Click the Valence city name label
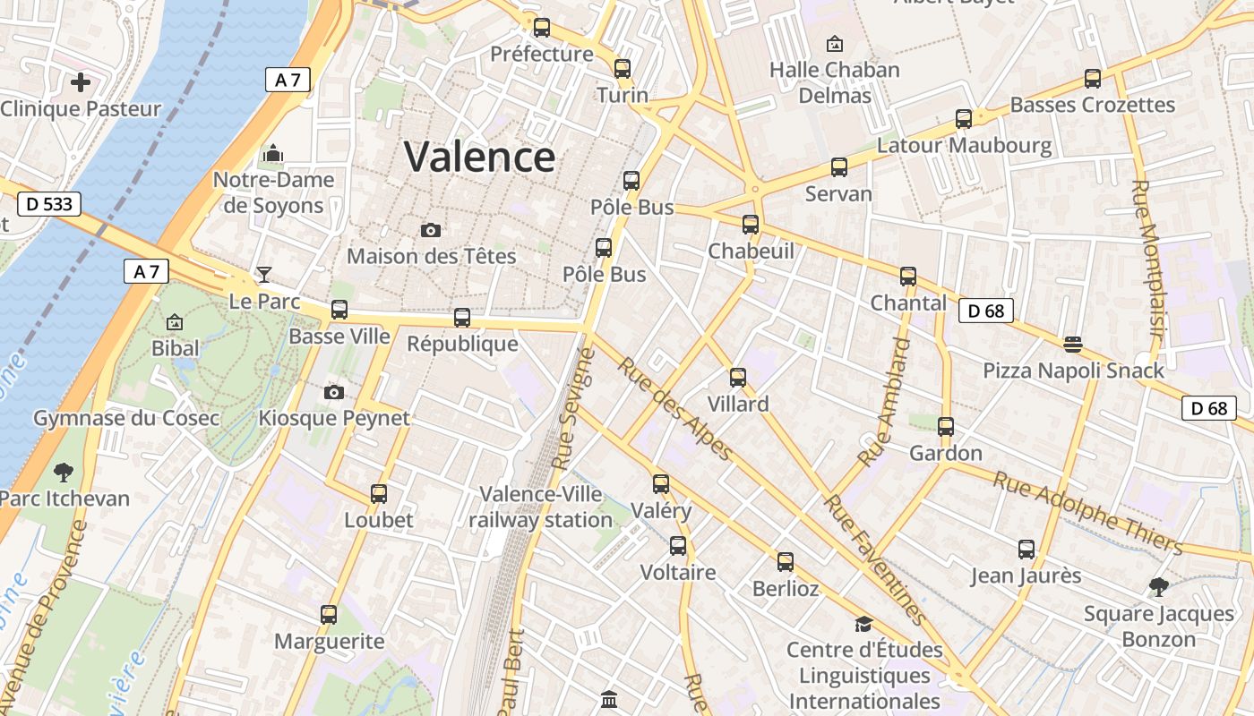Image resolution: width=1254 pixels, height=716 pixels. click(x=480, y=158)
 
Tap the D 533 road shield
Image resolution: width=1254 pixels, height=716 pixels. click(x=48, y=204)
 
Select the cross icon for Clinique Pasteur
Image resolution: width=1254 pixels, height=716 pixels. click(x=81, y=83)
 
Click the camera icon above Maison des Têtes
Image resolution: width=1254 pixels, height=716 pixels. click(x=431, y=231)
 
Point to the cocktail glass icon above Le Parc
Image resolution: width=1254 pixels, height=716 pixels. click(x=264, y=274)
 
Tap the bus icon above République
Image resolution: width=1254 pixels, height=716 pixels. click(x=462, y=318)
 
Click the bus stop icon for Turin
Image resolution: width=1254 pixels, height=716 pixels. click(x=623, y=69)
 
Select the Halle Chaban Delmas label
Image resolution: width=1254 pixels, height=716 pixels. click(x=835, y=82)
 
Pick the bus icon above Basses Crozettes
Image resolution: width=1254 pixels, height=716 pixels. click(x=1093, y=79)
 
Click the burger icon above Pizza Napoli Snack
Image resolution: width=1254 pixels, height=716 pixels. click(x=1073, y=345)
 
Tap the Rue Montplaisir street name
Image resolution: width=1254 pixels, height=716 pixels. click(x=1148, y=260)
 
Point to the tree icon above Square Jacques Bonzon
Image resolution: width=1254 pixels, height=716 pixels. click(x=1159, y=588)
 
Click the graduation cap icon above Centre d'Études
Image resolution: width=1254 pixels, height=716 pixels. click(x=863, y=624)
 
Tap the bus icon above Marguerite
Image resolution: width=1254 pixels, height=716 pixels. click(x=329, y=615)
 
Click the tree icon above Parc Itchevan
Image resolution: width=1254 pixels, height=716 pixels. click(x=63, y=472)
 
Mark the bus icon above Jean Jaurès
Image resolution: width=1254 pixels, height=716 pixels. click(x=1026, y=550)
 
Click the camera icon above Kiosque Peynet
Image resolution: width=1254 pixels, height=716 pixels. click(x=334, y=392)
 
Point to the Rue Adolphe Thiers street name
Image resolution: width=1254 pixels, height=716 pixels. click(x=1087, y=513)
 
